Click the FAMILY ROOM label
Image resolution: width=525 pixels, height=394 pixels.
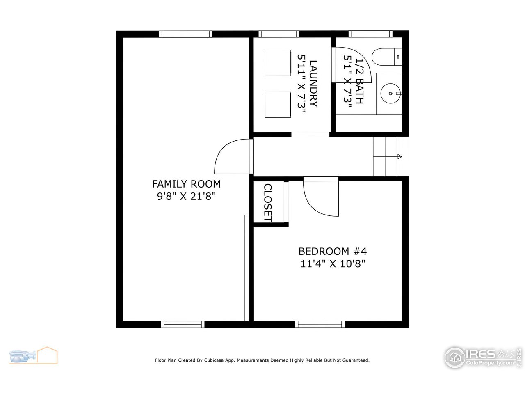pos(186,184)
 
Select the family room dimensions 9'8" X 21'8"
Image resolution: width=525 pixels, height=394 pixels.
pos(186,196)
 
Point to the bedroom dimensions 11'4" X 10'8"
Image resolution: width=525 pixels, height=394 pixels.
pos(333,263)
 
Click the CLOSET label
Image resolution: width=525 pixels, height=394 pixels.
pos(268,203)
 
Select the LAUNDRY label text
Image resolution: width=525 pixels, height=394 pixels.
pos(313,83)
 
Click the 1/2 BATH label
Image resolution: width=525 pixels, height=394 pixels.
pos(359,81)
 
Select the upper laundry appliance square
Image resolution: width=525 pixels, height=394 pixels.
pos(278,63)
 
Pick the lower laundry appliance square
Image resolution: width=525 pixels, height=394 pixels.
pos(278,105)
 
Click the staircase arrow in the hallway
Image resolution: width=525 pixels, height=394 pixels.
pos(399,156)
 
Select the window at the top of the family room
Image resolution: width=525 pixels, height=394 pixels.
pos(185,34)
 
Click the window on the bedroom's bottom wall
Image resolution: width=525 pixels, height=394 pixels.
pos(320,324)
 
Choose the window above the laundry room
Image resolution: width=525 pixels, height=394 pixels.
pos(279,34)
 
